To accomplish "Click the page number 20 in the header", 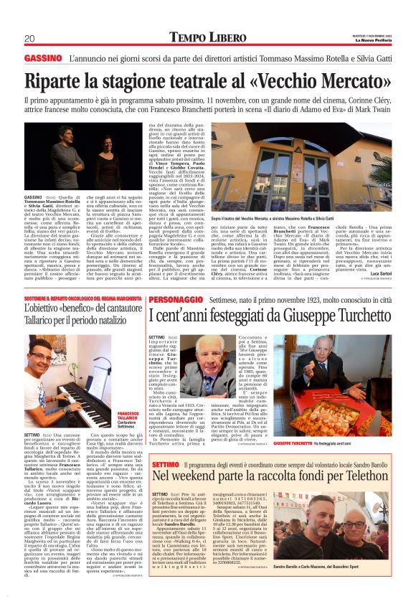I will pos(29,38).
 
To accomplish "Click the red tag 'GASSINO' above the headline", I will pos(42,57).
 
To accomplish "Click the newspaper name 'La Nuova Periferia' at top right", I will pos(372,39).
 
